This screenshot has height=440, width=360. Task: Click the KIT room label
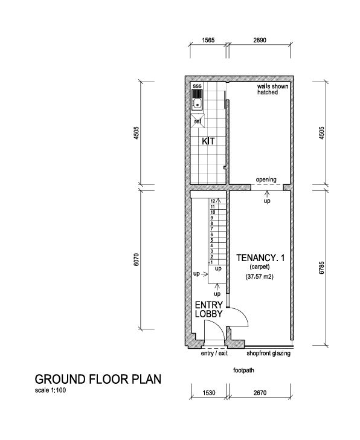coord(208,141)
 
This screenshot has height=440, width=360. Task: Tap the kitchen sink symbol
coord(197,100)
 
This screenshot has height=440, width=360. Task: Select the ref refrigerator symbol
coord(198,121)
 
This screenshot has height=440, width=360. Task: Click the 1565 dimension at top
coord(208,40)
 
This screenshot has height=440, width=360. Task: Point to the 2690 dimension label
coord(260,40)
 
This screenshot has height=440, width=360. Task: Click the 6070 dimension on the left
coord(136,259)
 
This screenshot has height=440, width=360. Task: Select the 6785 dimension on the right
coord(322,268)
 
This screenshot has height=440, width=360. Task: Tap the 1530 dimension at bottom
coord(209,393)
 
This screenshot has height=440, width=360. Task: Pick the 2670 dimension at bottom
coord(260,393)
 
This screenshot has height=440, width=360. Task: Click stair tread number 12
coord(213,201)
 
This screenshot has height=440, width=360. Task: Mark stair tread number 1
coord(211,262)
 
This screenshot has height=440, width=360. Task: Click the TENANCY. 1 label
coord(260,257)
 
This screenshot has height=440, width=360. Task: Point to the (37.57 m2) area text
coord(260,276)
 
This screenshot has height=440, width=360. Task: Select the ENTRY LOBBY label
coord(209,309)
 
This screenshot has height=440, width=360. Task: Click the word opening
coord(266,180)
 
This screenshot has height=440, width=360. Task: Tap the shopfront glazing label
coord(268,354)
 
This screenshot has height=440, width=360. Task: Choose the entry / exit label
coord(214,354)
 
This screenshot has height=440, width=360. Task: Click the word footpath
coord(243,370)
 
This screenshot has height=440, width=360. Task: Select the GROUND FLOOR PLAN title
coord(98,379)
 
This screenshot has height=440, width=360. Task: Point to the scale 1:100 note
coord(51,390)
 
